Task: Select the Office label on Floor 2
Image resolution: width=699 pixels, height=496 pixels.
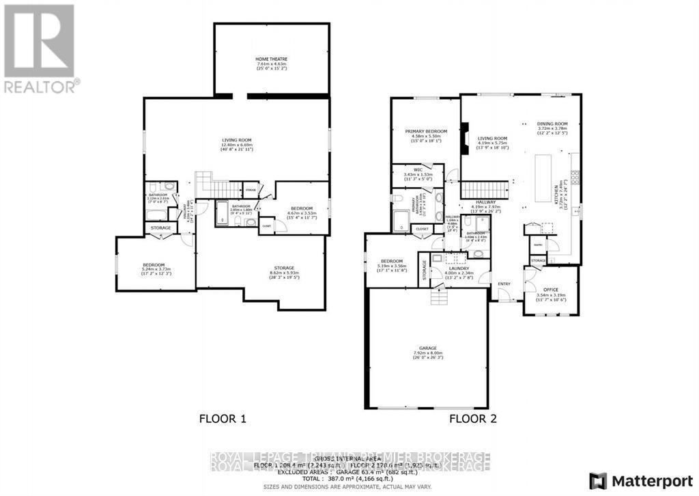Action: tap(551, 290)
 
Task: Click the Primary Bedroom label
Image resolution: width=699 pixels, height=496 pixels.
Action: tap(426, 131)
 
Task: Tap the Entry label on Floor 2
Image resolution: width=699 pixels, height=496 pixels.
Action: tap(504, 284)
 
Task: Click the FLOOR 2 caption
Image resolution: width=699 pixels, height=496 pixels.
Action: tap(471, 418)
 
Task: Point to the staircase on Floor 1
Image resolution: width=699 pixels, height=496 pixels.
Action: tap(218, 184)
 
